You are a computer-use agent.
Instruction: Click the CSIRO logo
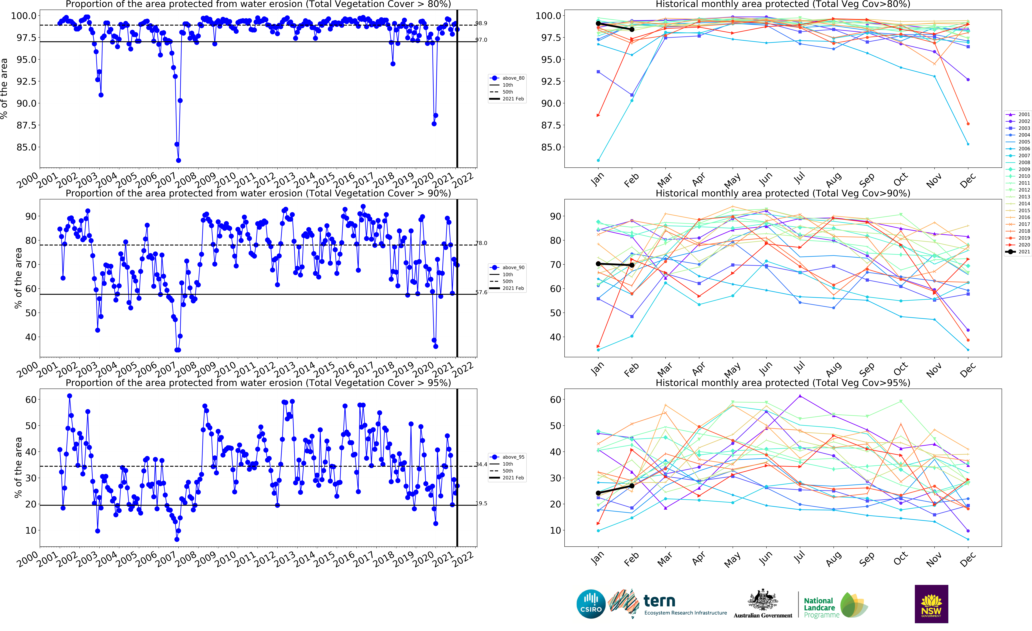(591, 604)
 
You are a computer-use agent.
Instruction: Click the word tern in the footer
(659, 601)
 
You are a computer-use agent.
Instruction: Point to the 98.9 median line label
(481, 23)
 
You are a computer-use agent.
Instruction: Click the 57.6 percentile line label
(481, 292)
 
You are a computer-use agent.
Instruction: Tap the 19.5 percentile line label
(481, 504)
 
